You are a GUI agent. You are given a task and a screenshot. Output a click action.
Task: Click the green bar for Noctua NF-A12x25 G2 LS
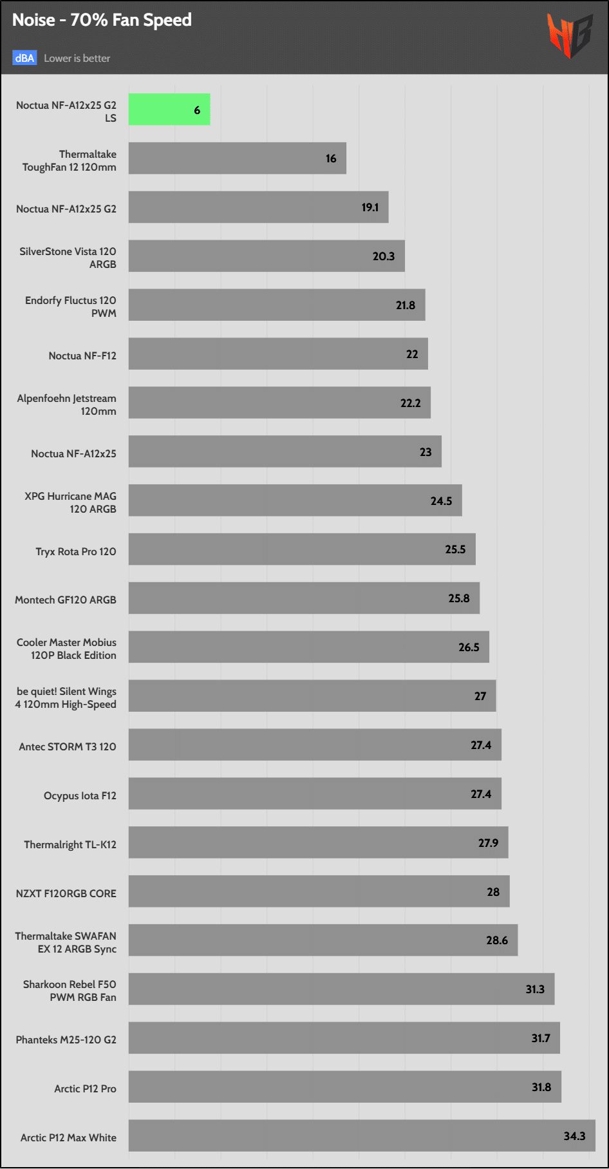169,109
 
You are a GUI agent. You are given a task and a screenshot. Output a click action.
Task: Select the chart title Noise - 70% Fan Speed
102,20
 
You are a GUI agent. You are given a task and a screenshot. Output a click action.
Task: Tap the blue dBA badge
24,58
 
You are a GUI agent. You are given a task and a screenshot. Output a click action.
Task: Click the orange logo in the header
569,35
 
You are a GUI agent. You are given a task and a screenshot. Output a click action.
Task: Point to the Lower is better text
77,58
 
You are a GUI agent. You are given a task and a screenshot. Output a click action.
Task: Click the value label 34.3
574,1136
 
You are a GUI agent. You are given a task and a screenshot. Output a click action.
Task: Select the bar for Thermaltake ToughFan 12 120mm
237,158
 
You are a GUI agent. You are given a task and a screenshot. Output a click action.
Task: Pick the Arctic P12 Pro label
85,1088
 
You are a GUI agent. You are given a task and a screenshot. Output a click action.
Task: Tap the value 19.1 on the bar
370,207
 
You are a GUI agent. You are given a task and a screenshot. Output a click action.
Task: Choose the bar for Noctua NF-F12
278,354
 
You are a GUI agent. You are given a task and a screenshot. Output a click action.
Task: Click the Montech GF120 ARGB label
66,600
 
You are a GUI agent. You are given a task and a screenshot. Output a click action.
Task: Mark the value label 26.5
469,647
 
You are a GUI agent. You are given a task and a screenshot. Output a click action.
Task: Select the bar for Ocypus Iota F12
315,794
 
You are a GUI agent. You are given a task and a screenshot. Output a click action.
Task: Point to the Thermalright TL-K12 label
70,844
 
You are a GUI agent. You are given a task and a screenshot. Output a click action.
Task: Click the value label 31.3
535,989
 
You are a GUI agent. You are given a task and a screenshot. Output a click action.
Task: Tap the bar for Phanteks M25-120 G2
344,1038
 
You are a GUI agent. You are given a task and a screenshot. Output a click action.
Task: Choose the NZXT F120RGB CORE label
66,893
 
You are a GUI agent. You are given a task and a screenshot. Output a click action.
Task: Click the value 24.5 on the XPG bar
441,500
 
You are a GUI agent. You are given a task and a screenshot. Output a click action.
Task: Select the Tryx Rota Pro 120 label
76,551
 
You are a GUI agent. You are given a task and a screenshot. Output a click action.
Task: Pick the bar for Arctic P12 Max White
362,1136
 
